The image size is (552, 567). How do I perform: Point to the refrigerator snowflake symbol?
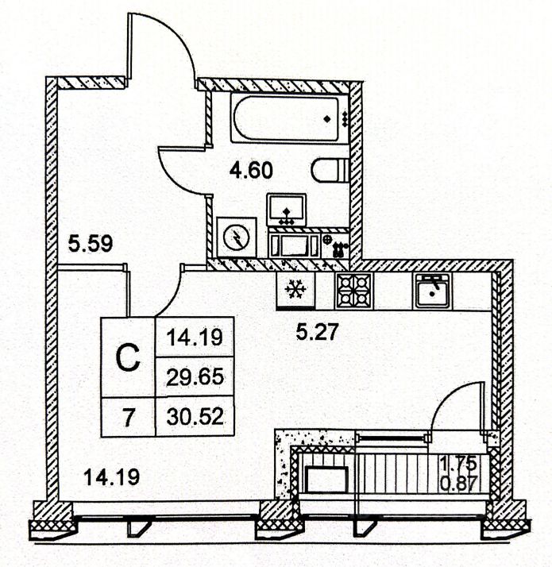click(295, 291)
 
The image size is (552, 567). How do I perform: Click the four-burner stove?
click(353, 291)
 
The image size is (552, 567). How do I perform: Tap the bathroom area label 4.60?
click(251, 169)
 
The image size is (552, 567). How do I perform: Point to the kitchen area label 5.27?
click(318, 332)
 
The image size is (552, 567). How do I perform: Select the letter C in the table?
click(127, 357)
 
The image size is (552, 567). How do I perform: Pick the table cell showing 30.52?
click(195, 415)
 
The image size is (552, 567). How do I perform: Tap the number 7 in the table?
click(127, 415)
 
